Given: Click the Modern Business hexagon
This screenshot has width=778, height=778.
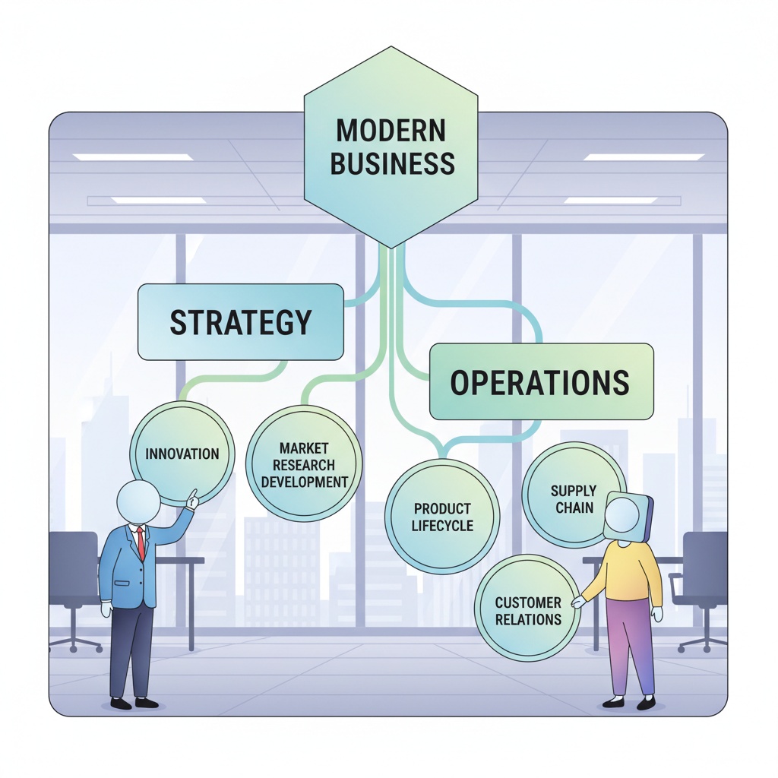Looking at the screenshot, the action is click(x=391, y=147).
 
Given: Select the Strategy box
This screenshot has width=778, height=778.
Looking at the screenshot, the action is click(x=241, y=322).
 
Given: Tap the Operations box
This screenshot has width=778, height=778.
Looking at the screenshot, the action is click(x=541, y=381).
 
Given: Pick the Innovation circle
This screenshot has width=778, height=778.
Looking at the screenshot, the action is click(x=182, y=454).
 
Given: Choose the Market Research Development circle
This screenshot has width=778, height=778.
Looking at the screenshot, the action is click(x=304, y=463).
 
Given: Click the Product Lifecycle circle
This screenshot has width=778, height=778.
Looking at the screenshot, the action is click(x=442, y=517).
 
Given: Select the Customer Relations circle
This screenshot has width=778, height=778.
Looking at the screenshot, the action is click(x=528, y=608).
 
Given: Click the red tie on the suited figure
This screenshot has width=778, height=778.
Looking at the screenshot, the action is click(x=141, y=542).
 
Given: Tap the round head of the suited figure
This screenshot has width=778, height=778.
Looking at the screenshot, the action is click(x=138, y=502).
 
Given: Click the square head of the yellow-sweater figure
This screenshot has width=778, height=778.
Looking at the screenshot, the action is click(x=628, y=517).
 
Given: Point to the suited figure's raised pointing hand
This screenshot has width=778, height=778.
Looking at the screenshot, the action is click(x=192, y=499).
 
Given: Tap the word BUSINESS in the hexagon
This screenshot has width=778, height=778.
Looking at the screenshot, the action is click(x=393, y=163).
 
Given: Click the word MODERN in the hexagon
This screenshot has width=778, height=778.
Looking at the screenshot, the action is click(x=391, y=130).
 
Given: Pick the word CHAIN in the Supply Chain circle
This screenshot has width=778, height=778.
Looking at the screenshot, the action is click(x=574, y=508).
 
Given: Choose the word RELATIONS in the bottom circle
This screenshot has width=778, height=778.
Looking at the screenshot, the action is click(x=529, y=619).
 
